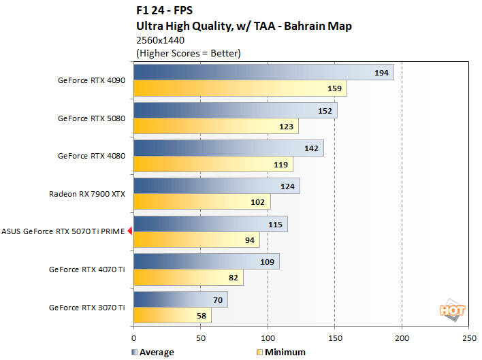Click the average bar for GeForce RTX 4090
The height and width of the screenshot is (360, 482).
click(x=263, y=72)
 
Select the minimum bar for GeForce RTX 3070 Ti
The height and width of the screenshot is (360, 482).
click(x=173, y=316)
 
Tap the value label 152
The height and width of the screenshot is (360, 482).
click(x=325, y=111)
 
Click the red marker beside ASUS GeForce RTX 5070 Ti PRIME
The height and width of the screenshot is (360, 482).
click(x=130, y=231)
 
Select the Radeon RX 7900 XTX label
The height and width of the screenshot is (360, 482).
click(x=86, y=194)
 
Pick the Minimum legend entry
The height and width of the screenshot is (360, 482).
click(x=282, y=352)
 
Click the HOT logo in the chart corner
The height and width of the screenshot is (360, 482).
click(x=453, y=310)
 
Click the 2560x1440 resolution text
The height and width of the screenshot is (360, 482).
click(x=161, y=40)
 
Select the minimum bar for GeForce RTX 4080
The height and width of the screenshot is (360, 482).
click(x=213, y=164)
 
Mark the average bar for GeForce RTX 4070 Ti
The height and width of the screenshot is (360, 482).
click(x=206, y=262)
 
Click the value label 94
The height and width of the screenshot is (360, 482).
click(x=251, y=240)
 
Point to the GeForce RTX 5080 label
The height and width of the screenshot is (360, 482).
click(x=91, y=118)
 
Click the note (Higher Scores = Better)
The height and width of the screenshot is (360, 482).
click(x=189, y=52)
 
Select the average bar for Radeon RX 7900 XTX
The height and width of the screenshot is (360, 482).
click(x=216, y=186)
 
